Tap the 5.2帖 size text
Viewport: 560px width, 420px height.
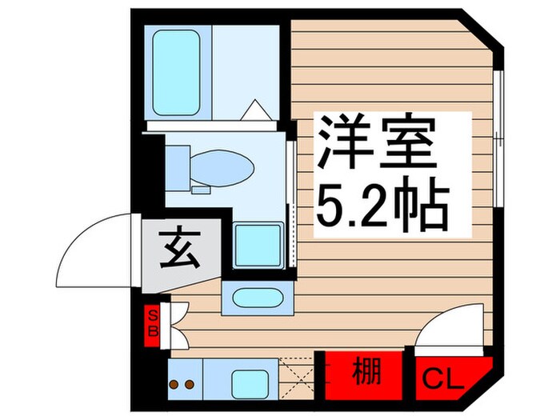(383, 206)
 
